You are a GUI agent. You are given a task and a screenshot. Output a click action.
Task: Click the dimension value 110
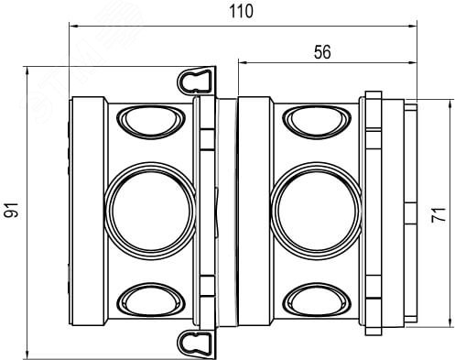pyautogui.click(x=241, y=11)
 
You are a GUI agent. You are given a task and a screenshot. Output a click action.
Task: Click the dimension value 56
pyautogui.click(x=322, y=52)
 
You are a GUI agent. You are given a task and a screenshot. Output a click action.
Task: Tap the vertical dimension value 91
pyautogui.click(x=11, y=210)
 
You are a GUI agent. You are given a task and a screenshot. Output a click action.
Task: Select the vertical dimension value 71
pyautogui.click(x=439, y=214)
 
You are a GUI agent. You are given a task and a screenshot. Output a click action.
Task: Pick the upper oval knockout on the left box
pyautogui.click(x=151, y=122)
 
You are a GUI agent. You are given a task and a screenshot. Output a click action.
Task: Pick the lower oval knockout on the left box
pyautogui.click(x=151, y=300)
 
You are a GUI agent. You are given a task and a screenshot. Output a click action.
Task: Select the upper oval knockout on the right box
pyautogui.click(x=317, y=122)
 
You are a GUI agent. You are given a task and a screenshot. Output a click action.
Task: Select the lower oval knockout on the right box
pyautogui.click(x=317, y=300)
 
